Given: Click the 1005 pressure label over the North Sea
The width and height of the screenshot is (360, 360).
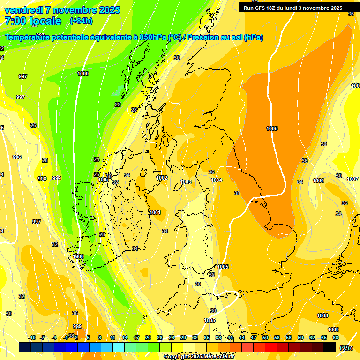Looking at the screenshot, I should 272,128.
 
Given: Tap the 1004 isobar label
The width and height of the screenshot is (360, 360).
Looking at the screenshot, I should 217,180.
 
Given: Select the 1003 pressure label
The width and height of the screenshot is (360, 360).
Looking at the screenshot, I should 186,182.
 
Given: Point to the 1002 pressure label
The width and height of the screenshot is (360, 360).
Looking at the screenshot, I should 162,178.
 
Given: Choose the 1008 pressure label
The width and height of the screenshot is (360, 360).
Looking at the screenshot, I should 322,315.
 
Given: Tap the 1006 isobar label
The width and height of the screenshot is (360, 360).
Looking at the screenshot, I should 318,180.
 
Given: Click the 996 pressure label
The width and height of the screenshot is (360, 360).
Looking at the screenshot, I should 17,157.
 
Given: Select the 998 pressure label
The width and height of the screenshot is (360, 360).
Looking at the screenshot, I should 42,179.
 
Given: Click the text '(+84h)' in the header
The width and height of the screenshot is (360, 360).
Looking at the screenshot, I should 81,21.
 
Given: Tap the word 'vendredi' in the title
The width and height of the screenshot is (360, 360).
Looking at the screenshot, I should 23,10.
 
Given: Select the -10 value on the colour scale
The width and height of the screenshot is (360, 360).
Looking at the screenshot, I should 32,337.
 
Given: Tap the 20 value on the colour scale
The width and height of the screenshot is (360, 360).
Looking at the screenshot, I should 148,337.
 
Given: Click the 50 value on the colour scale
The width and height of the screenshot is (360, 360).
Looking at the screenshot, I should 265,337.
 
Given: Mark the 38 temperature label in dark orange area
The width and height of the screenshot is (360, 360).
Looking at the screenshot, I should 237,193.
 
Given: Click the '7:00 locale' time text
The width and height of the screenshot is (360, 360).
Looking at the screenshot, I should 33,21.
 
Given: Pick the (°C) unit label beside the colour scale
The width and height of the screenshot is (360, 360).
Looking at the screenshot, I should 346,348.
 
